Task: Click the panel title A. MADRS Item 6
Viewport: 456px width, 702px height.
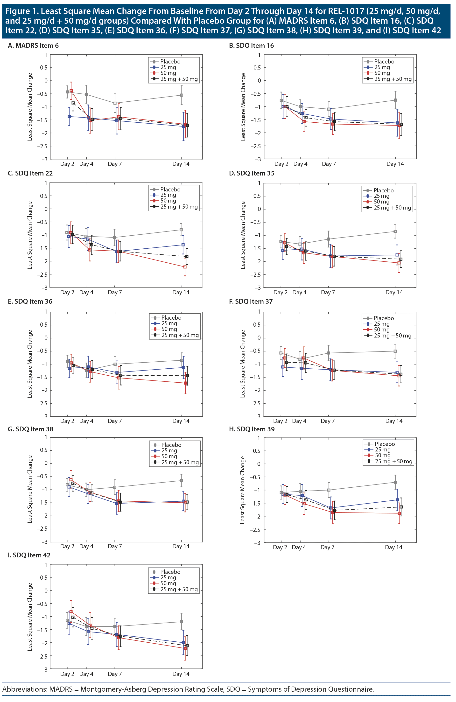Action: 33,45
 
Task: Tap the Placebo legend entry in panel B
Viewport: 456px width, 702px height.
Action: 384,62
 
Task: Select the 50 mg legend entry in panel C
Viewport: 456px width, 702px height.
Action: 168,201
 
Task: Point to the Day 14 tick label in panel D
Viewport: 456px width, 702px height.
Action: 394,292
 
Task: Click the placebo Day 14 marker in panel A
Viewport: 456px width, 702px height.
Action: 181,95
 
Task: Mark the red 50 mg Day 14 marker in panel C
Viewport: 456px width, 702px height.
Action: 185,267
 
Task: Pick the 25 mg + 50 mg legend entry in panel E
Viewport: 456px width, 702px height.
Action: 180,335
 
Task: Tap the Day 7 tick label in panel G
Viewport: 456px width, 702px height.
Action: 115,546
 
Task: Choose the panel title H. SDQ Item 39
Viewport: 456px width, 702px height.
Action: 252,429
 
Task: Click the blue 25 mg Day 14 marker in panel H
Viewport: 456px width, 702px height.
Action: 397,500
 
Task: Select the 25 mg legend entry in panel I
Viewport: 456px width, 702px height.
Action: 168,577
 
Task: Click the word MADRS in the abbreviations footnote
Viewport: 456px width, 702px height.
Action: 61,689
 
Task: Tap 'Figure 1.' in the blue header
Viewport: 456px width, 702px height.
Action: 21,11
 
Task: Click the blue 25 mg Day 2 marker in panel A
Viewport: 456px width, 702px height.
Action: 69,117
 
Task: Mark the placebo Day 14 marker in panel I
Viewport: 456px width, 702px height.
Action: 181,622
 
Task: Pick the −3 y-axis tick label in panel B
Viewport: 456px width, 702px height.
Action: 258,159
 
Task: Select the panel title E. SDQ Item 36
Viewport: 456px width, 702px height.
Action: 30,302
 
